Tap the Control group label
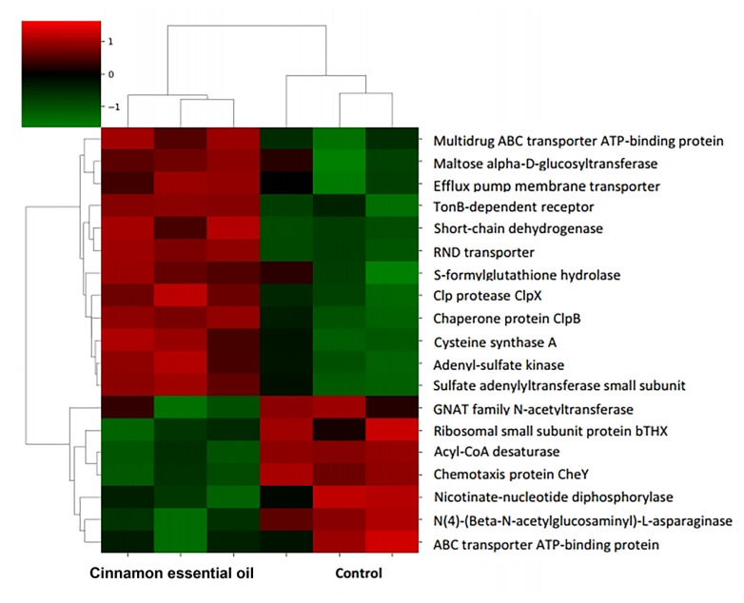click(x=358, y=574)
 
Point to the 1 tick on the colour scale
click(x=111, y=42)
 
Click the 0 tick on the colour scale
click(x=111, y=73)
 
